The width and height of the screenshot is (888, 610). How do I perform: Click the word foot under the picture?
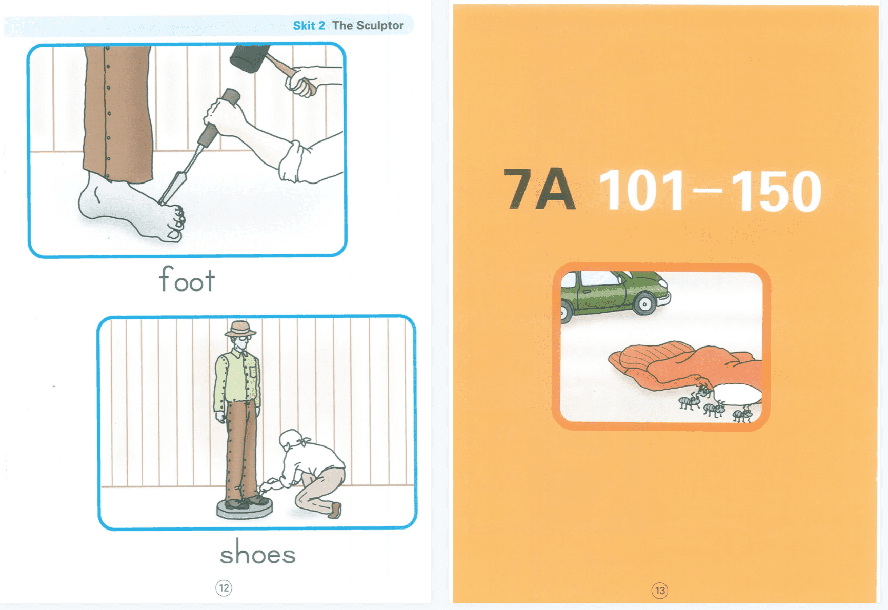click(x=187, y=279)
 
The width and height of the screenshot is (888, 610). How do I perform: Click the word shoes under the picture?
click(x=258, y=553)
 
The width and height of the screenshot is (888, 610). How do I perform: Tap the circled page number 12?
click(x=224, y=588)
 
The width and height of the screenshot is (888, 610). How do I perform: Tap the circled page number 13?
click(x=660, y=591)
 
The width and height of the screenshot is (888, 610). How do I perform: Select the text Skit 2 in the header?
click(x=309, y=26)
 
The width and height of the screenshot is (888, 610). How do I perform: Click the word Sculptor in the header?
click(x=380, y=26)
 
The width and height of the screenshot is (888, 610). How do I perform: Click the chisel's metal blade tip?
click(x=163, y=201)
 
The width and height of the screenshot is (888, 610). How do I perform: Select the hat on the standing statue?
click(x=240, y=329)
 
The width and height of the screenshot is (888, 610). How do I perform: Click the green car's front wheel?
click(x=644, y=304)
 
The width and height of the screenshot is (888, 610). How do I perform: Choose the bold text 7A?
click(x=539, y=190)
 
